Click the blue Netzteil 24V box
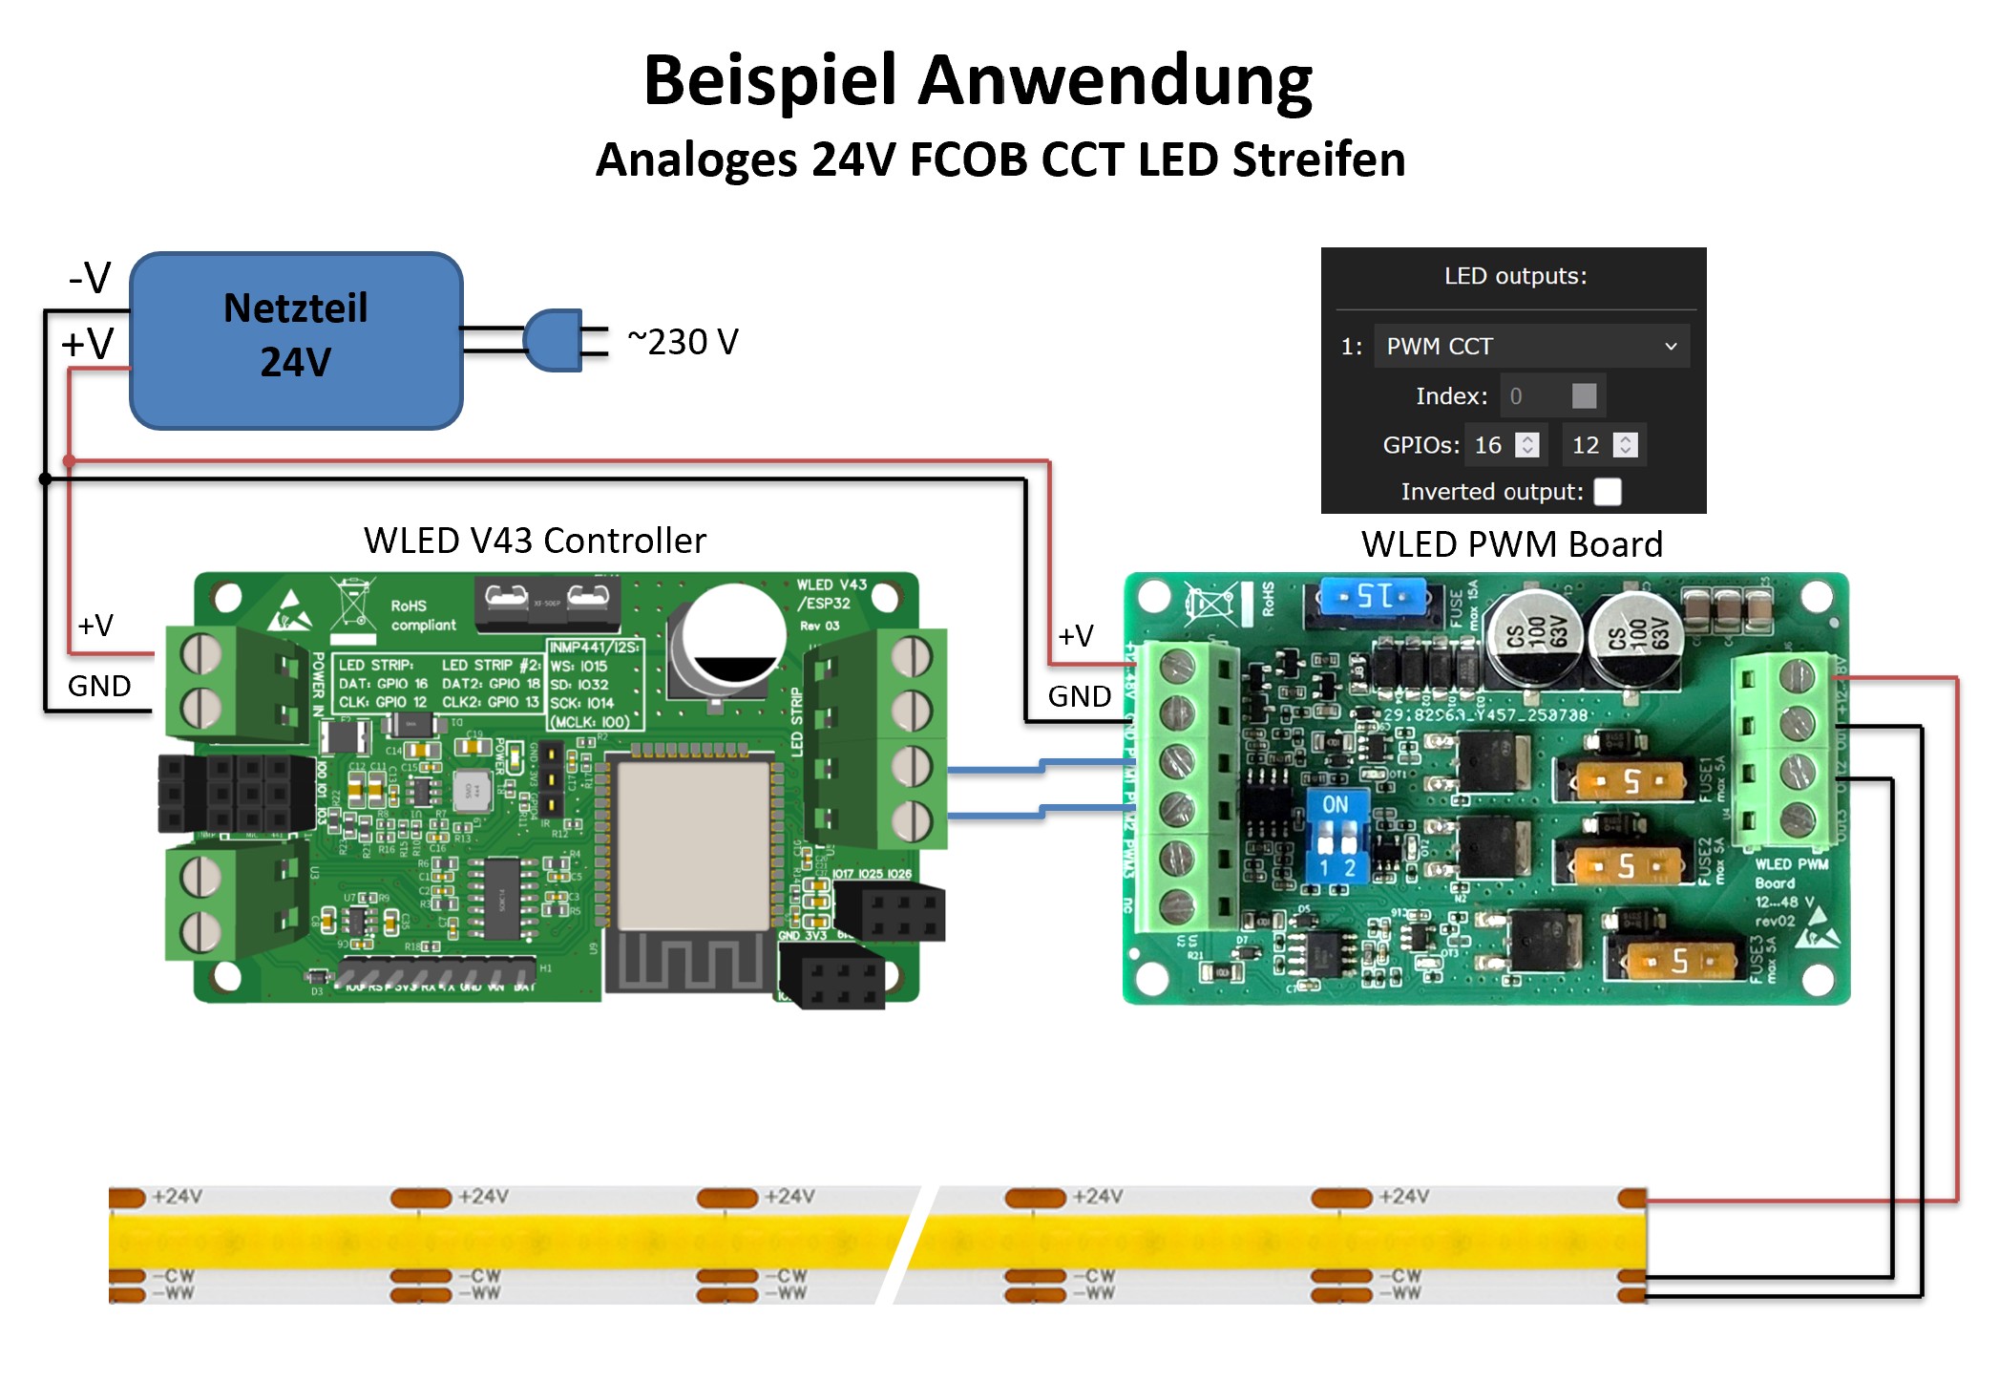296,341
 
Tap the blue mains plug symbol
553,340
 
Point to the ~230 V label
683,342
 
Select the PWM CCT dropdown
1531,346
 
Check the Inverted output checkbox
1608,492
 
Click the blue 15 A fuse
1373,597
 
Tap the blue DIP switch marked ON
1336,835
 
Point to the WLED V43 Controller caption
535,541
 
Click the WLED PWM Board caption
1511,544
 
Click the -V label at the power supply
90,278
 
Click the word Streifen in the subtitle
1318,159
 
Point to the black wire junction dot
45,478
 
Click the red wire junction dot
69,460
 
